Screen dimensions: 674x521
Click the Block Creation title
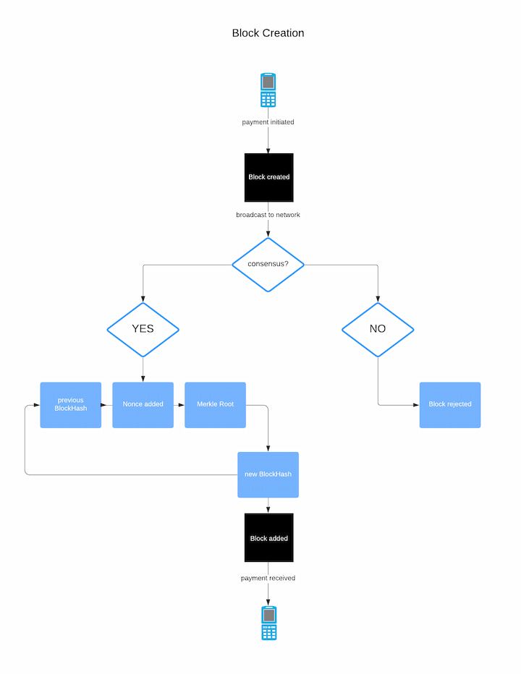pyautogui.click(x=268, y=33)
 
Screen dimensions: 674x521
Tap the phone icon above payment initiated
pyautogui.click(x=268, y=90)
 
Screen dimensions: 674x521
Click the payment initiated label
pyautogui.click(x=268, y=122)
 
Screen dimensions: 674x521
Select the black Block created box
pyautogui.click(x=268, y=177)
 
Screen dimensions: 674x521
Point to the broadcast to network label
pyautogui.click(x=268, y=215)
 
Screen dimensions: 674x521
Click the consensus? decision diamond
pyautogui.click(x=268, y=264)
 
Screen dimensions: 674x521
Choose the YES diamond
pyautogui.click(x=143, y=329)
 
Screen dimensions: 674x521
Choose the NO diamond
pyautogui.click(x=378, y=329)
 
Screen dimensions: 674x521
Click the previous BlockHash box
pyautogui.click(x=70, y=405)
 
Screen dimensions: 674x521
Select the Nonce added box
pyautogui.click(x=143, y=405)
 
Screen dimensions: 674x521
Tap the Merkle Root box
pyautogui.click(x=215, y=405)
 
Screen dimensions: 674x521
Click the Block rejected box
pyautogui.click(x=449, y=405)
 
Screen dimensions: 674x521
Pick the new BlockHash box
pyautogui.click(x=268, y=474)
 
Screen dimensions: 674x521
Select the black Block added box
pyautogui.click(x=268, y=538)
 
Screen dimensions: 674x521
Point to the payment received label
pyautogui.click(x=268, y=579)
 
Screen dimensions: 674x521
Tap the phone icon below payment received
pyautogui.click(x=268, y=623)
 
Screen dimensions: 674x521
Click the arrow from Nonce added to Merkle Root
pyautogui.click(x=179, y=405)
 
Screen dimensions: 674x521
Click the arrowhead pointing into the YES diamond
pyautogui.click(x=143, y=298)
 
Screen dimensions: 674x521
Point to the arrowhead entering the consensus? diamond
pyautogui.click(x=268, y=233)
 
